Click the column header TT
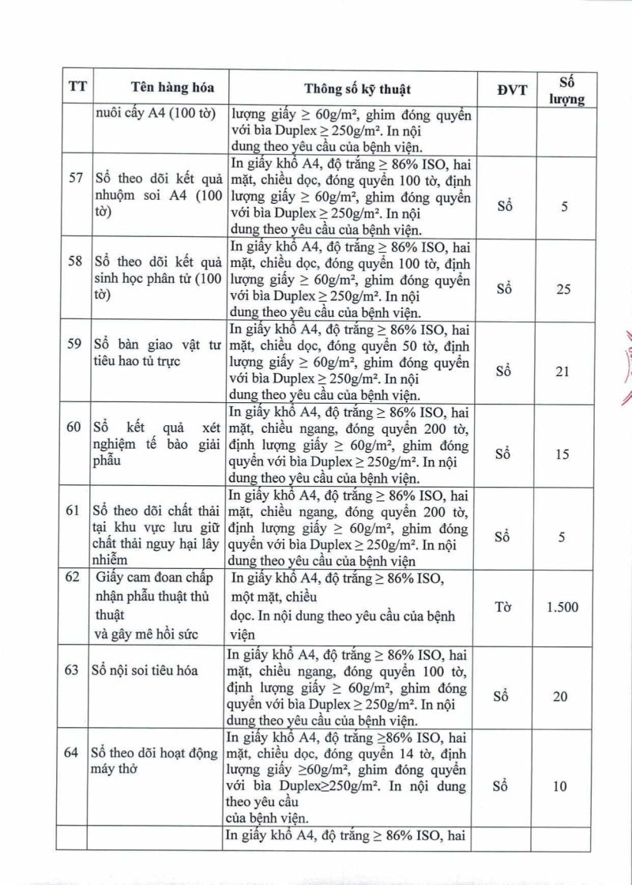(x=77, y=88)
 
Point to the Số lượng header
(x=563, y=88)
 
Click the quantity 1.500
(x=562, y=607)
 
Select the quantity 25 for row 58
(x=562, y=289)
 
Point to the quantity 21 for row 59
(x=562, y=371)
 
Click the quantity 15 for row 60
(x=562, y=455)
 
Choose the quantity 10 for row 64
(x=562, y=787)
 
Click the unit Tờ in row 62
(x=504, y=607)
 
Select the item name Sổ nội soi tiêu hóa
(x=146, y=670)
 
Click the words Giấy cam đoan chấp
(x=150, y=578)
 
